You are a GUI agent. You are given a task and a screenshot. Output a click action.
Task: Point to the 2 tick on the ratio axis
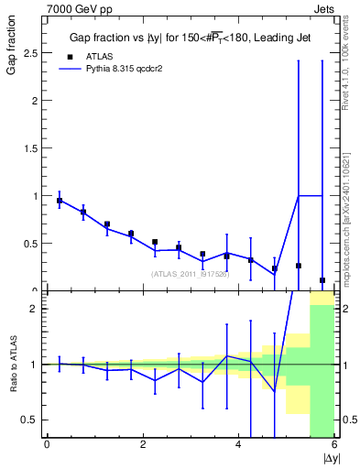[35, 309]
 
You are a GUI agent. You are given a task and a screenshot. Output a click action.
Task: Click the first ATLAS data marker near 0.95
[60, 201]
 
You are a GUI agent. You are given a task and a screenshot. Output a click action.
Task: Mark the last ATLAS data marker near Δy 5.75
[322, 280]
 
